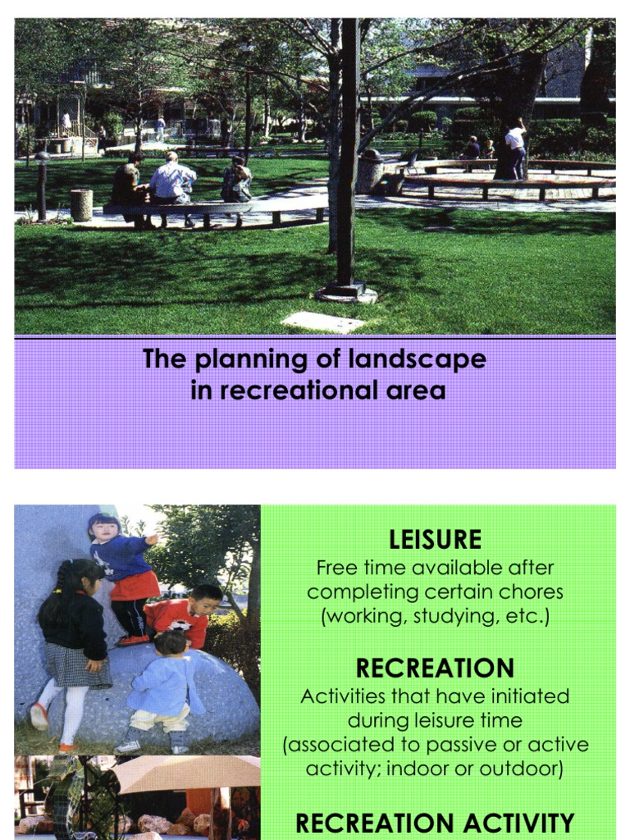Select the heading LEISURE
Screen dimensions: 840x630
pos(435,540)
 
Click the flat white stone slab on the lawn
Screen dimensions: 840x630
pos(322,321)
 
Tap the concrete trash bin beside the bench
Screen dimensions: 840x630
pos(81,204)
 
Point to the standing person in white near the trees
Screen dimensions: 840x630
pos(515,148)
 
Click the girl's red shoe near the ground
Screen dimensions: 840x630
pos(38,716)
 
